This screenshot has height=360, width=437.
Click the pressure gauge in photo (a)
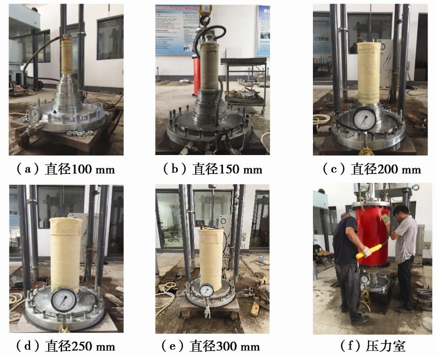(35, 114)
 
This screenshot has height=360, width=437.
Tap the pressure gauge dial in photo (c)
(365, 119)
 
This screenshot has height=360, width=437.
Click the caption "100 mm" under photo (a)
(93, 169)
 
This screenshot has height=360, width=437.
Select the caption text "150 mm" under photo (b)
(241, 169)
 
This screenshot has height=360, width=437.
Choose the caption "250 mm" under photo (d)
(93, 347)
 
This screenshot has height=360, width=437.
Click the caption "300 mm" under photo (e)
(238, 347)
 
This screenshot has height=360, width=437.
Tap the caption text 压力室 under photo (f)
(385, 346)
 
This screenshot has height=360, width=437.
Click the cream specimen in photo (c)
(369, 73)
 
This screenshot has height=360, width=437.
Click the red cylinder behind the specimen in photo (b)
(196, 74)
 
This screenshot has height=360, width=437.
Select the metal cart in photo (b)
(244, 84)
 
